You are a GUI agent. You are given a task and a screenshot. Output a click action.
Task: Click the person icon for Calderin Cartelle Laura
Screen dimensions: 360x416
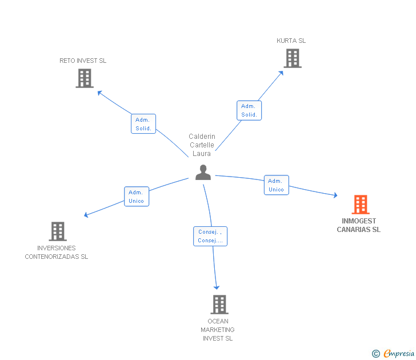[203, 172]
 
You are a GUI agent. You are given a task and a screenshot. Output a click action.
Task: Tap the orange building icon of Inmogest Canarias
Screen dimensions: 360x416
[361, 204]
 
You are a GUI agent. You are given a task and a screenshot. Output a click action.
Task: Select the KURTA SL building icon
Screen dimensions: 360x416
[292, 58]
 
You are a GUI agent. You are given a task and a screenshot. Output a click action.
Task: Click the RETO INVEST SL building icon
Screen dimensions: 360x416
[85, 78]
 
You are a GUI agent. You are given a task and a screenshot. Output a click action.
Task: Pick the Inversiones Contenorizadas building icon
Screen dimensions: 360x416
[57, 231]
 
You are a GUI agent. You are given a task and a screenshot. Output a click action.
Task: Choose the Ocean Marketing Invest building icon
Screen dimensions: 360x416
[219, 305]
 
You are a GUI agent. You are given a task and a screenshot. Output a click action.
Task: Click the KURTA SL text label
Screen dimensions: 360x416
[291, 41]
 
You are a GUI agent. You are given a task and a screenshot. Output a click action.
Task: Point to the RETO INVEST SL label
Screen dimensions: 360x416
[83, 61]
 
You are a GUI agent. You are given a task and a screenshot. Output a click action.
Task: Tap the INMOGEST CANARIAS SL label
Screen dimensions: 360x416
[359, 225]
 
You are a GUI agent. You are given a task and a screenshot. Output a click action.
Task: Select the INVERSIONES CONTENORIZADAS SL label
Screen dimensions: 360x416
[57, 252]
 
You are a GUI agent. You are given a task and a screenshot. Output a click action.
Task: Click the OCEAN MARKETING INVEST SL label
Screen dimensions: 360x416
[218, 330]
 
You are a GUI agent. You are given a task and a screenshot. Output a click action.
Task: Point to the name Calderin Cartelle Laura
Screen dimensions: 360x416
[202, 145]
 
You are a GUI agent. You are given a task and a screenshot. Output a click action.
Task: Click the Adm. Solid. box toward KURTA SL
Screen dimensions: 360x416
[249, 110]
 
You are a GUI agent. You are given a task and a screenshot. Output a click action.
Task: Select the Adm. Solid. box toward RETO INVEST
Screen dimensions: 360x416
[143, 124]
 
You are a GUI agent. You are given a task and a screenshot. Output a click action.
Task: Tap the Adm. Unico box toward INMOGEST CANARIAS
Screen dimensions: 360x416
[276, 185]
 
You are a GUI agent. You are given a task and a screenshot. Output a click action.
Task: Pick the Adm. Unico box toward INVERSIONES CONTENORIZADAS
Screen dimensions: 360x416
[137, 197]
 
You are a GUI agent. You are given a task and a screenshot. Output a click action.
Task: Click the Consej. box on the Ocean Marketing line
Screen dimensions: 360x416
[210, 236]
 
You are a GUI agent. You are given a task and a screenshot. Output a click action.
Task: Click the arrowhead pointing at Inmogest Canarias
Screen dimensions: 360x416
[335, 196]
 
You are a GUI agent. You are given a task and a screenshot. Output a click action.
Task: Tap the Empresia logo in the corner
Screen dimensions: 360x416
[393, 354]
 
